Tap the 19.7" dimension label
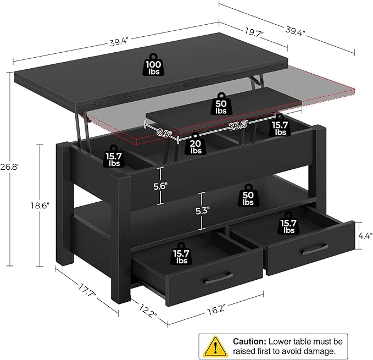pos(254,34)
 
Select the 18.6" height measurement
pos(40,205)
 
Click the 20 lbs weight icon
pos(196,144)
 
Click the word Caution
pos(250,341)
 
